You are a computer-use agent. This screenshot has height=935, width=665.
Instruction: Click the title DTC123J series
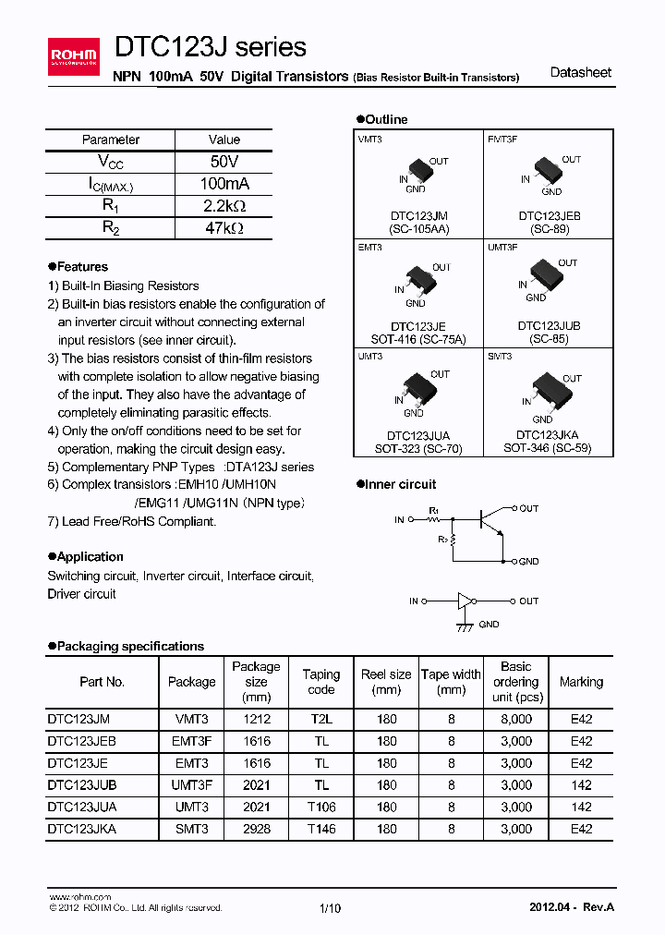[210, 47]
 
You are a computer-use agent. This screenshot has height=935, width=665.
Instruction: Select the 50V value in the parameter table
[224, 162]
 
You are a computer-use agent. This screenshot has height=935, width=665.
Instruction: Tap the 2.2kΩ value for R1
[224, 206]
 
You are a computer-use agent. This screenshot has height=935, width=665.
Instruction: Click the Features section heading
[82, 267]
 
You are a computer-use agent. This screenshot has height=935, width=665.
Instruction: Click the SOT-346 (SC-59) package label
[547, 448]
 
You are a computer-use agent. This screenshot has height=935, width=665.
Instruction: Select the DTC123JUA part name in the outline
[419, 435]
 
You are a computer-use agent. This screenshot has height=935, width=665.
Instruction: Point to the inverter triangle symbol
[465, 601]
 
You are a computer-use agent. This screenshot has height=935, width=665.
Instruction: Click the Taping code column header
[321, 682]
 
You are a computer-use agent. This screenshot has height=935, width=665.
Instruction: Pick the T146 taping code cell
[321, 829]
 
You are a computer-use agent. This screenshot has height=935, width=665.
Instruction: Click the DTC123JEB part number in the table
[81, 741]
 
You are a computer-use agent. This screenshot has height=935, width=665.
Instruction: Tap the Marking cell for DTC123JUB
[581, 784]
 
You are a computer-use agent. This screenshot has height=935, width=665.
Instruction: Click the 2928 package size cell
[256, 829]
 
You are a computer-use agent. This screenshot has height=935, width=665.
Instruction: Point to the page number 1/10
[330, 908]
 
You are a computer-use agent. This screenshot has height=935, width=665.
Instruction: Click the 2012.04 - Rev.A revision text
[571, 906]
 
